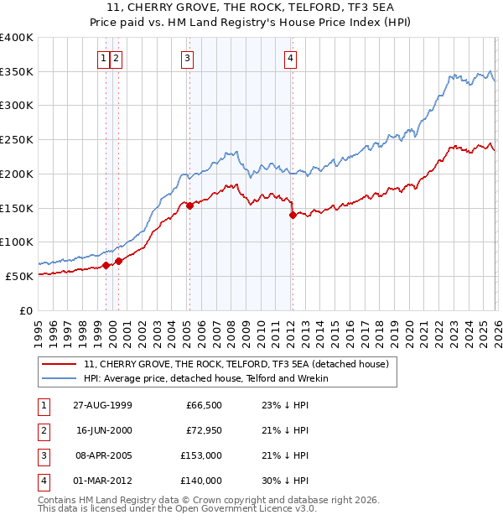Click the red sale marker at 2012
point(293,215)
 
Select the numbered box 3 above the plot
point(186,58)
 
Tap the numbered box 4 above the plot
point(290,58)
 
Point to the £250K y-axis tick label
point(17,140)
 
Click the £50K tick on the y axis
point(19,276)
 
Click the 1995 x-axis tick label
point(39,326)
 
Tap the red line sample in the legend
point(60,365)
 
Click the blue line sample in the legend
point(60,378)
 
